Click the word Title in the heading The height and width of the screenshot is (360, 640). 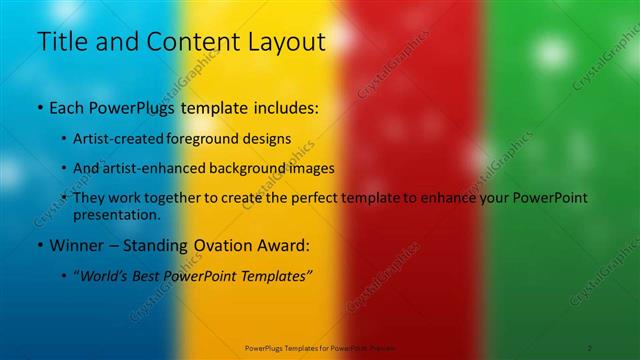[62, 42]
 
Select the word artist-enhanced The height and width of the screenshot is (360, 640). [156, 168]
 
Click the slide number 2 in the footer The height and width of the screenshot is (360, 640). [590, 346]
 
